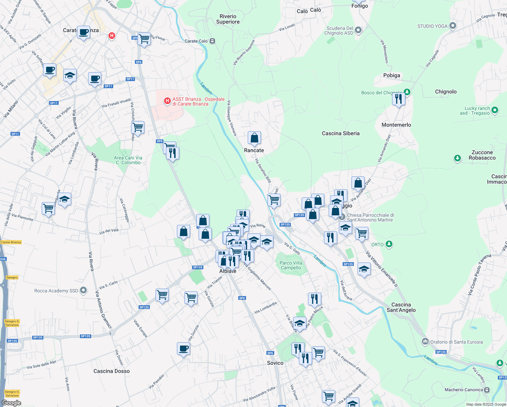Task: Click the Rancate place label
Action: coord(254,150)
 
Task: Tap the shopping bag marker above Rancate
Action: coord(254,138)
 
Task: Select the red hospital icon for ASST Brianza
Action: coord(167,101)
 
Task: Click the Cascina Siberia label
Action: coord(341,133)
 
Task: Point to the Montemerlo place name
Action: coord(396,125)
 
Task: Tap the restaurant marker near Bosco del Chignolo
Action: coord(399,99)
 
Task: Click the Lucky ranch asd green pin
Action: coord(494,110)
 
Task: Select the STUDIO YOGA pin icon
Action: coord(453,26)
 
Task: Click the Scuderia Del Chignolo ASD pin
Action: coord(358,30)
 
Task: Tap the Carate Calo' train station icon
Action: coord(212,41)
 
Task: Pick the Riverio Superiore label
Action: coord(228,19)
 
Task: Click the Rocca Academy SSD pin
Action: coord(83,291)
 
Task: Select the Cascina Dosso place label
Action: coord(111,371)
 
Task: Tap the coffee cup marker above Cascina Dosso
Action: coord(183,349)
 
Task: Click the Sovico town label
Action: coord(275,363)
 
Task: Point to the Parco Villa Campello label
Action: coord(291,265)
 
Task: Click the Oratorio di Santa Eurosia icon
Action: coord(425,342)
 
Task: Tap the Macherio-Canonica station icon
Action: coord(487,390)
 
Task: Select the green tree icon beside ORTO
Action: coord(389,244)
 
